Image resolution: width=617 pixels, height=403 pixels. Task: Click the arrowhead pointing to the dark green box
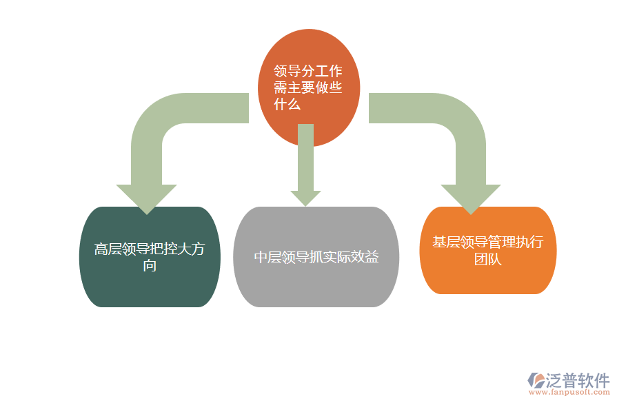(x=146, y=198)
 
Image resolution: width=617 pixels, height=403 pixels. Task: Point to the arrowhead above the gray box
(x=305, y=198)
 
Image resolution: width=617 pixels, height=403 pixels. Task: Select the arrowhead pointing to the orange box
(x=471, y=198)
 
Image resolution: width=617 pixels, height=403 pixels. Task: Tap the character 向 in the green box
(x=150, y=266)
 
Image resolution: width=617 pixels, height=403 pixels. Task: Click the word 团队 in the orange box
(x=487, y=259)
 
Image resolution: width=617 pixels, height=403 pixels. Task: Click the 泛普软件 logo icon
(x=536, y=380)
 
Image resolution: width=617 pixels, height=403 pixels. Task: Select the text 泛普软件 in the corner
(x=578, y=380)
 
